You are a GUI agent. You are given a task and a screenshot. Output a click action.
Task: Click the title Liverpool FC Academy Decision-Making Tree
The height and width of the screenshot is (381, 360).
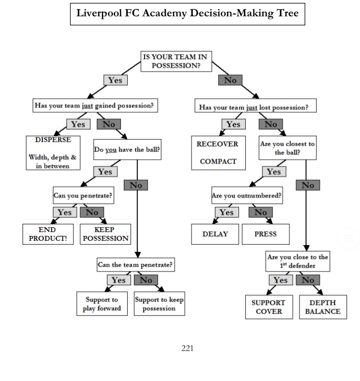[187, 13]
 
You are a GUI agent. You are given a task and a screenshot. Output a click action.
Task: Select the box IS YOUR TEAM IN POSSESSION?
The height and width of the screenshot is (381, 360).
[176, 61]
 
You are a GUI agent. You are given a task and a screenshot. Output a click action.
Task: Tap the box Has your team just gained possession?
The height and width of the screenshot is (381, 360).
[96, 106]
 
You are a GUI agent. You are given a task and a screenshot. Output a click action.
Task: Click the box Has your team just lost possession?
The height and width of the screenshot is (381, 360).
[255, 107]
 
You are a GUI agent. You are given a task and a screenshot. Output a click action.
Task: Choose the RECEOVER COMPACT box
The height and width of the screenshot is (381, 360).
[218, 153]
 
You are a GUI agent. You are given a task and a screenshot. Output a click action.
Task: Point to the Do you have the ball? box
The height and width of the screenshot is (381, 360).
[127, 150]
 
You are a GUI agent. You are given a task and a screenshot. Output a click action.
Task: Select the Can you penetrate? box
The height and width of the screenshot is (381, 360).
[84, 196]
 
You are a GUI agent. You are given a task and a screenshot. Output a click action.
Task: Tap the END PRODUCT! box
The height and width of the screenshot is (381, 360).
[48, 234]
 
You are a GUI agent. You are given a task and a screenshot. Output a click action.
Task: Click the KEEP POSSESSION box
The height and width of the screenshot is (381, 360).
[105, 234]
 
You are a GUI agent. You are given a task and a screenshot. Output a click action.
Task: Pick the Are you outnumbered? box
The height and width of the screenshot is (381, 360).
[247, 196]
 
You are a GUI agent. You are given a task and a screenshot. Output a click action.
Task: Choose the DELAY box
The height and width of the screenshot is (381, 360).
[215, 234]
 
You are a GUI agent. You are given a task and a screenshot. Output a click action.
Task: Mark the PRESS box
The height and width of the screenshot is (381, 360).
[265, 234]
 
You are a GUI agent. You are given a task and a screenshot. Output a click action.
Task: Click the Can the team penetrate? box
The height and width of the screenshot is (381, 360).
[135, 264]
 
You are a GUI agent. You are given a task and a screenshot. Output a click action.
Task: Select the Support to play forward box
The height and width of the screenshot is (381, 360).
[102, 304]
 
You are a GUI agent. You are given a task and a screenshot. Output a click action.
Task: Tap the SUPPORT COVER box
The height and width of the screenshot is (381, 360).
[269, 307]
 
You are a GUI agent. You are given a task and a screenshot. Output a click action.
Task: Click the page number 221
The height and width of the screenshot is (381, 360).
[187, 348]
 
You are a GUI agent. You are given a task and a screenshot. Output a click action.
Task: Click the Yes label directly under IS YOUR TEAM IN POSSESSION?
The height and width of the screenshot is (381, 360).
[115, 80]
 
